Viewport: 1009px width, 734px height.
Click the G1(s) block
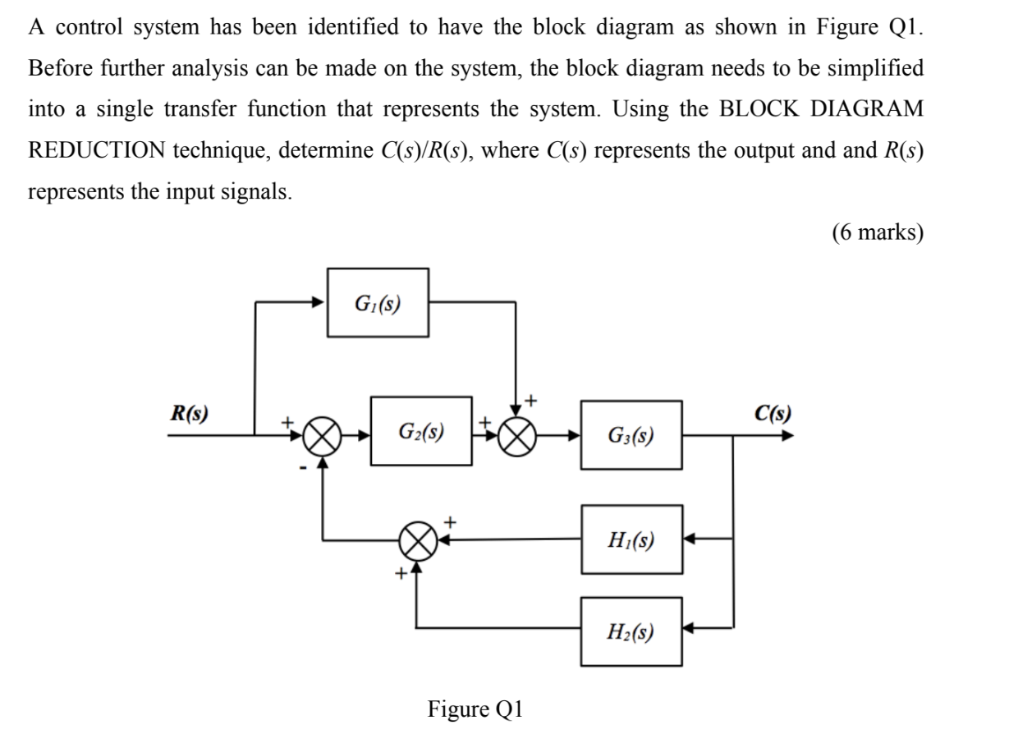point(378,302)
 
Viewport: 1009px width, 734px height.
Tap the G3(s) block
point(631,434)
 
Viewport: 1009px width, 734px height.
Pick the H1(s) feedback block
point(631,539)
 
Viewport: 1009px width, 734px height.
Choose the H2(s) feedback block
point(631,631)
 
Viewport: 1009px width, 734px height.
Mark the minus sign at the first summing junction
point(303,468)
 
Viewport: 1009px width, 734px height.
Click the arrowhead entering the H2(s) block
point(690,631)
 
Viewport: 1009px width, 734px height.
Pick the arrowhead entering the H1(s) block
point(690,539)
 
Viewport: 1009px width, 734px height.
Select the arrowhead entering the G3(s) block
point(574,436)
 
